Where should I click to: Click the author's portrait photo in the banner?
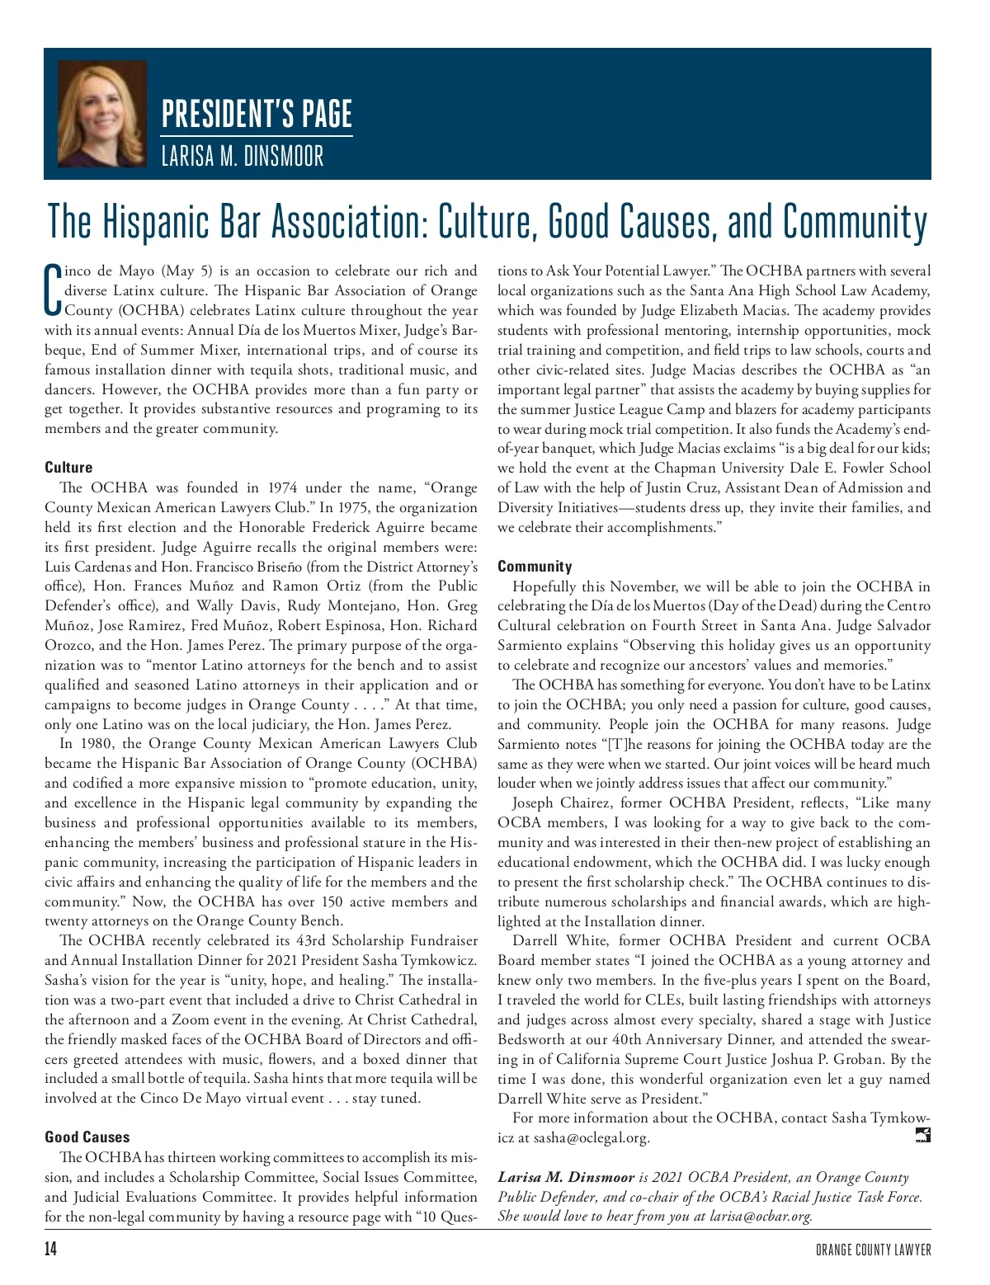pyautogui.click(x=102, y=114)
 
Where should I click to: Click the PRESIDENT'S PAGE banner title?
pyautogui.click(x=257, y=114)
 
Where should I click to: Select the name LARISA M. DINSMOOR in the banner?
pyautogui.click(x=243, y=156)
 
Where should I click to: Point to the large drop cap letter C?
pyautogui.click(x=53, y=290)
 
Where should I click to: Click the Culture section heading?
pyautogui.click(x=68, y=467)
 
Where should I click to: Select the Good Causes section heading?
pyautogui.click(x=87, y=1137)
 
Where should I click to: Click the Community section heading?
pyautogui.click(x=535, y=566)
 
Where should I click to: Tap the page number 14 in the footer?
pyautogui.click(x=51, y=1249)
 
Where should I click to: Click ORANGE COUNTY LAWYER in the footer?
pyautogui.click(x=873, y=1250)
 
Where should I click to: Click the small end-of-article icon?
pyautogui.click(x=923, y=1136)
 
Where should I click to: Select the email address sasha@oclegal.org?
pyautogui.click(x=592, y=1138)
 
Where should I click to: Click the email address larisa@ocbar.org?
pyautogui.click(x=761, y=1216)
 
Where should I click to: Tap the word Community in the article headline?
pyautogui.click(x=855, y=221)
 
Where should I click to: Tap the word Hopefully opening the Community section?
pyautogui.click(x=544, y=586)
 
